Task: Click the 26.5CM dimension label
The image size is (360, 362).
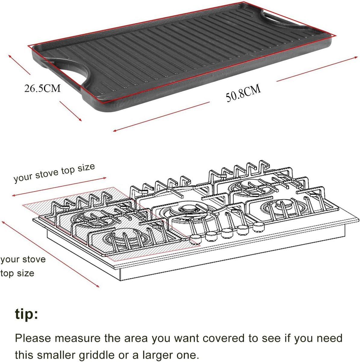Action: click(x=42, y=88)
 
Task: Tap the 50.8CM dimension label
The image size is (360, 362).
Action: click(x=243, y=93)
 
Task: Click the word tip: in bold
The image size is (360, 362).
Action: click(x=27, y=314)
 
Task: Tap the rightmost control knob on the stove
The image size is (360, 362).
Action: click(x=258, y=227)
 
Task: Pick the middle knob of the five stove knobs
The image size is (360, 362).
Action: click(x=227, y=233)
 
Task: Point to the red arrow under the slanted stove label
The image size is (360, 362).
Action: click(x=59, y=187)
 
